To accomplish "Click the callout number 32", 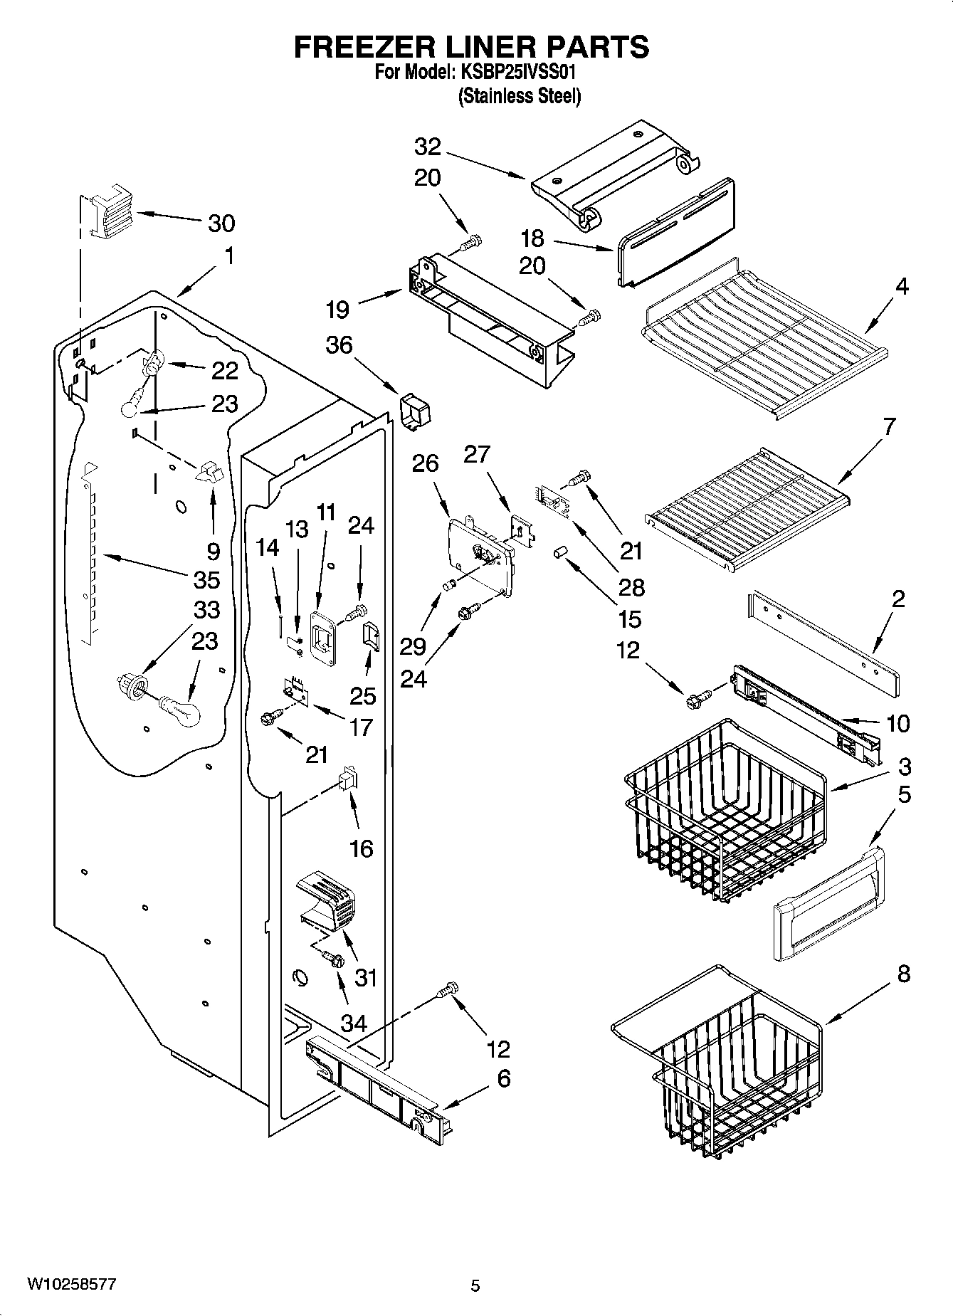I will (428, 147).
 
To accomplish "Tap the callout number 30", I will (221, 223).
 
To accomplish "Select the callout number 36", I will (339, 345).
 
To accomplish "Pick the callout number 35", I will (206, 579).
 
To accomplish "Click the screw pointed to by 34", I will (332, 959).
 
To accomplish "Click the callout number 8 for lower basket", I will (903, 974).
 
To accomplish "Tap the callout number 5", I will (903, 794).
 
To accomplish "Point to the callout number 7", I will (889, 426).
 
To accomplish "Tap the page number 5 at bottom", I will (475, 1285).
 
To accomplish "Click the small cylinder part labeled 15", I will (560, 553).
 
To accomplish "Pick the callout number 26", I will (425, 463).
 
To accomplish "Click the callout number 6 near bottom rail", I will (503, 1078).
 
